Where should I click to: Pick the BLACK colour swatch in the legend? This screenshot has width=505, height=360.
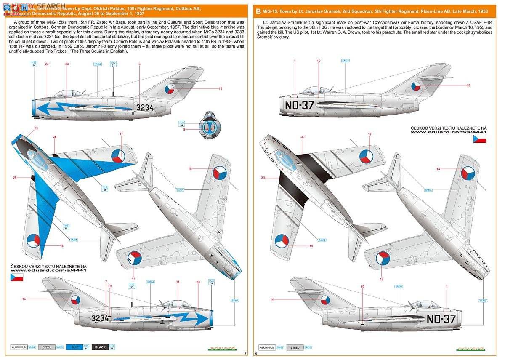point(100,347)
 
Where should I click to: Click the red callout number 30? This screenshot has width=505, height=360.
point(67,64)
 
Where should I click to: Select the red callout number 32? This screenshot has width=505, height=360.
point(303,137)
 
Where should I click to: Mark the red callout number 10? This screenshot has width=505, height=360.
point(319,61)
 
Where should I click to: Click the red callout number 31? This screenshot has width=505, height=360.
point(178,282)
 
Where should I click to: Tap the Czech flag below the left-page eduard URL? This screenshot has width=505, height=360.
point(17,277)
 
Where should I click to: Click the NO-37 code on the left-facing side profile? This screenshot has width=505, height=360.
point(299,105)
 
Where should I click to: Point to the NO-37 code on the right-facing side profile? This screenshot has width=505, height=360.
point(441,319)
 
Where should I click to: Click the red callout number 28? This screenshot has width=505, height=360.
point(55,137)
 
